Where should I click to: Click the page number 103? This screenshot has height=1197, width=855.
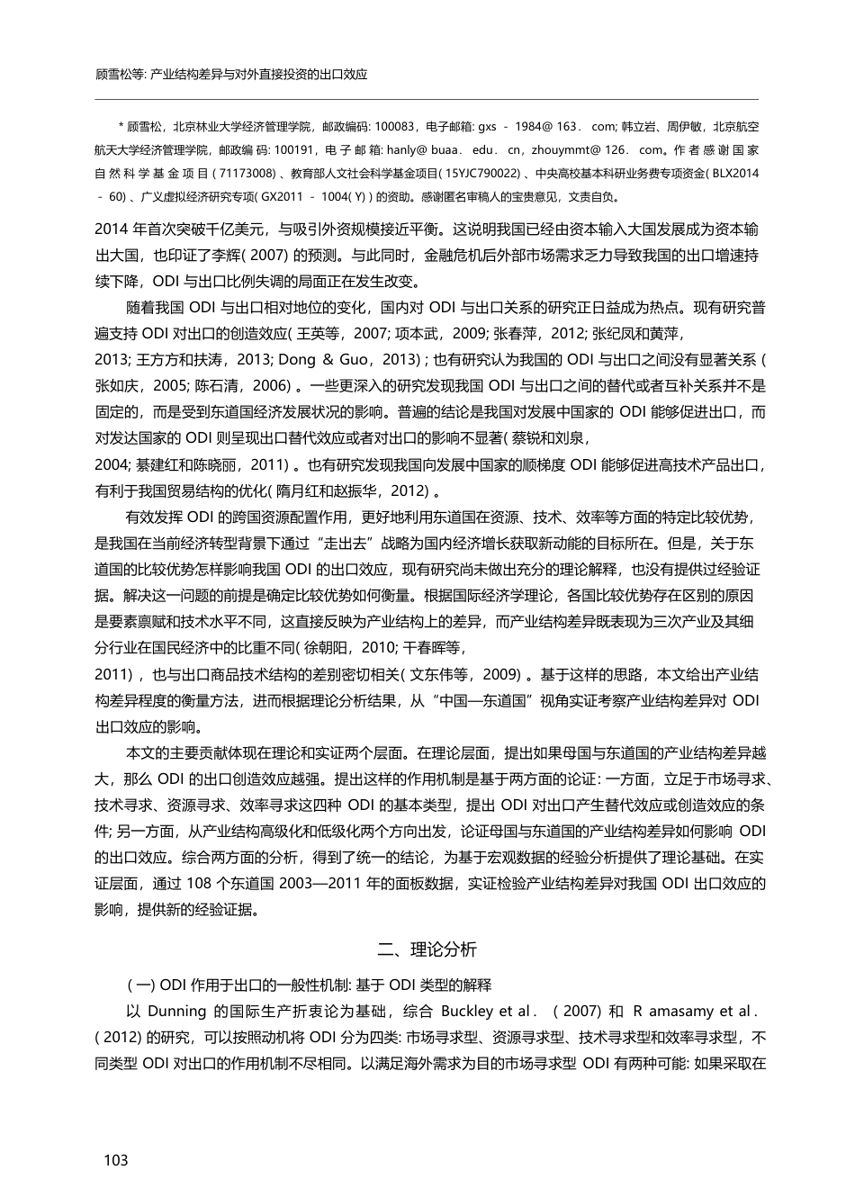(117, 1160)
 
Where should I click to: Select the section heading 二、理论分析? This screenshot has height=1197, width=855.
(427, 949)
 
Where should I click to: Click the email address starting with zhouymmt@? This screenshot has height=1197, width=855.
(596, 150)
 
